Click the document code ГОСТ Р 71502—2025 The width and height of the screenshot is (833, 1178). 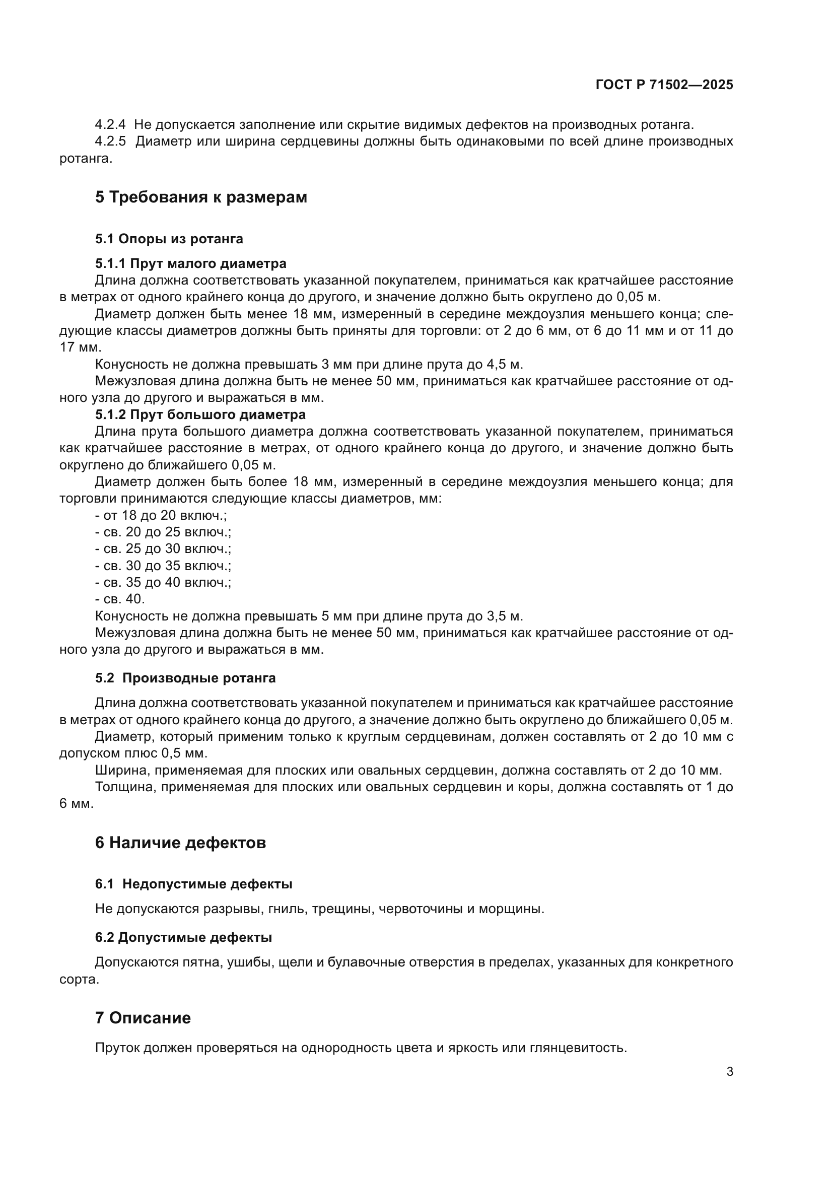coord(664,85)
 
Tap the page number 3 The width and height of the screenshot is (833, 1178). coord(729,1072)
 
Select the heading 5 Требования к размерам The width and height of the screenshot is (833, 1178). coord(200,197)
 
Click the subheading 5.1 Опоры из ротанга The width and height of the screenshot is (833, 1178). coord(169,239)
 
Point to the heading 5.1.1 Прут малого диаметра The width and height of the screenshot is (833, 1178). coord(190,264)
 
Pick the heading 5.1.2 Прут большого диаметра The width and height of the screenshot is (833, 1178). coord(200,414)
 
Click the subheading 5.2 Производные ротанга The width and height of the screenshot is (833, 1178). coord(185,678)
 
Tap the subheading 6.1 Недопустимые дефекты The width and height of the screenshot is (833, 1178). coord(193,884)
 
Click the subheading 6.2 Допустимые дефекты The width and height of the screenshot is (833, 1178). coord(183,938)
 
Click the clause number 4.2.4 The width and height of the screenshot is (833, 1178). coord(110,125)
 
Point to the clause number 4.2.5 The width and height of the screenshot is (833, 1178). coord(110,142)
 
